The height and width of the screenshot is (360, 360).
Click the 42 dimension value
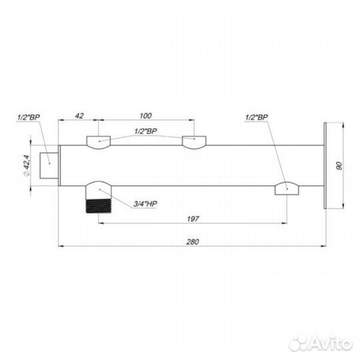79,116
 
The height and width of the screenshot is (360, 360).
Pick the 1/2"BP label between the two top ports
146,131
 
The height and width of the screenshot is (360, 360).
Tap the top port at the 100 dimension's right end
194,141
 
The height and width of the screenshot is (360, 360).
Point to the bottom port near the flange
287,189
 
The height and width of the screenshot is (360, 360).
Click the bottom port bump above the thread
98,187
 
